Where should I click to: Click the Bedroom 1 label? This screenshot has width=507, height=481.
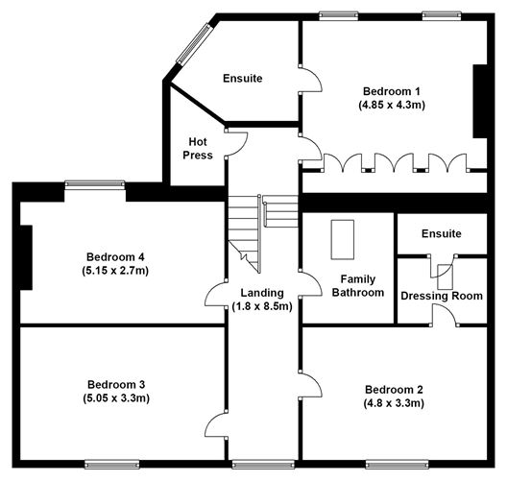[391, 90]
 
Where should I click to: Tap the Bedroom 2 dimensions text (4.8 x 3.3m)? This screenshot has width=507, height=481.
[394, 404]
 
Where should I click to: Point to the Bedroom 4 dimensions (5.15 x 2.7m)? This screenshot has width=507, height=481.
[116, 271]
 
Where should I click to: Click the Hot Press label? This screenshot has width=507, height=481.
[198, 148]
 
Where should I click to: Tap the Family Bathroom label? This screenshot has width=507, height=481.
[358, 285]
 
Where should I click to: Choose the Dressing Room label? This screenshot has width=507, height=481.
[441, 296]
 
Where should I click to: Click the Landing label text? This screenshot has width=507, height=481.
[262, 293]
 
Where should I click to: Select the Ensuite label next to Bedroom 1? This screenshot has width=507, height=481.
[243, 78]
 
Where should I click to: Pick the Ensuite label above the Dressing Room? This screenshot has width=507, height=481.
[442, 233]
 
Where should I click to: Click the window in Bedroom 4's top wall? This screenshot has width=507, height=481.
[95, 183]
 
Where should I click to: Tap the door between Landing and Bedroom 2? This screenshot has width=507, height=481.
[311, 386]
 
